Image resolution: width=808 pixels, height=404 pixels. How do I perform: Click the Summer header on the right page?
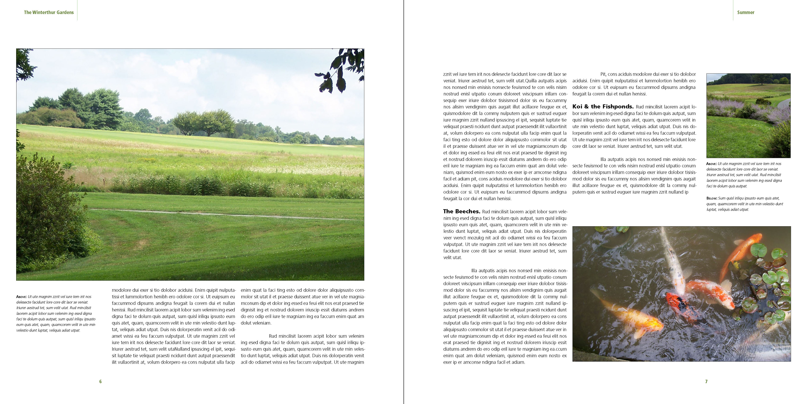coord(745,13)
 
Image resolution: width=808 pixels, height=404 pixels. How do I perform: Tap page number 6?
coord(100,381)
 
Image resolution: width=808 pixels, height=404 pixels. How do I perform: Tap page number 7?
coord(706,381)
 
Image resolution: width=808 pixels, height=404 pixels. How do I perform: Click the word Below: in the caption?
coord(711,198)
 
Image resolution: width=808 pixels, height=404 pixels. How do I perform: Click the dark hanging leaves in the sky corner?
coord(339,72)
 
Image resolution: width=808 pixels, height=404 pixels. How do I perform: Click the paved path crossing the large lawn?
coord(219,214)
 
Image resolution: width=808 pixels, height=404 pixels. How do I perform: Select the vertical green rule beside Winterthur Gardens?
coord(77,10)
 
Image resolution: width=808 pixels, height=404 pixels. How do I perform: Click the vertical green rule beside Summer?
coord(733,10)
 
